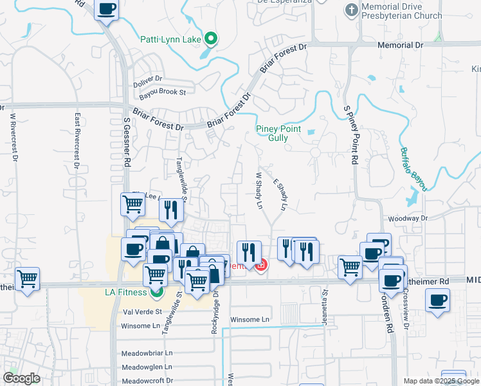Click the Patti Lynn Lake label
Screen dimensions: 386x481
coord(170,39)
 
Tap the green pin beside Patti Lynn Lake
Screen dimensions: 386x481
coord(211,39)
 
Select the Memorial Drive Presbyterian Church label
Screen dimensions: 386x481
coord(403,11)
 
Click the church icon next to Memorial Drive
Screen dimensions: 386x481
coord(351,10)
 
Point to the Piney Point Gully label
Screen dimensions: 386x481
coord(278,133)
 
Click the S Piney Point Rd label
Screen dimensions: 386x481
coord(352,134)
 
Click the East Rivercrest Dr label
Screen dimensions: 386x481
coord(77,142)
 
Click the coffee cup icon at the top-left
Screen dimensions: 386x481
coord(107,10)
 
